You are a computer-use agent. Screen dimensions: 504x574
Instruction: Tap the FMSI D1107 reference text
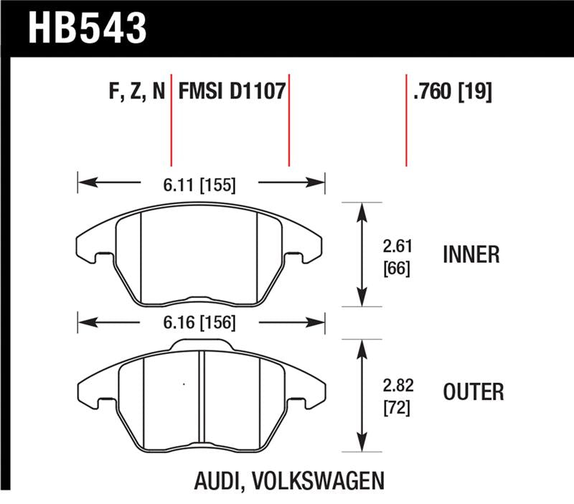pyautogui.click(x=232, y=92)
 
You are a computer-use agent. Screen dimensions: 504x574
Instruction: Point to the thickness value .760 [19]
pyautogui.click(x=452, y=92)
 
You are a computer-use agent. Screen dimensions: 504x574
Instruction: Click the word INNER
pyautogui.click(x=471, y=255)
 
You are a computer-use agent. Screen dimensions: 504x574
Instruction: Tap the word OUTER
pyautogui.click(x=474, y=392)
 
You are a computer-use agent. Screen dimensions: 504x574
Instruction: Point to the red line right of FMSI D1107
pyautogui.click(x=288, y=118)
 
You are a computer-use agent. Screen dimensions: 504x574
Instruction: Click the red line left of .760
pyautogui.click(x=406, y=118)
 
